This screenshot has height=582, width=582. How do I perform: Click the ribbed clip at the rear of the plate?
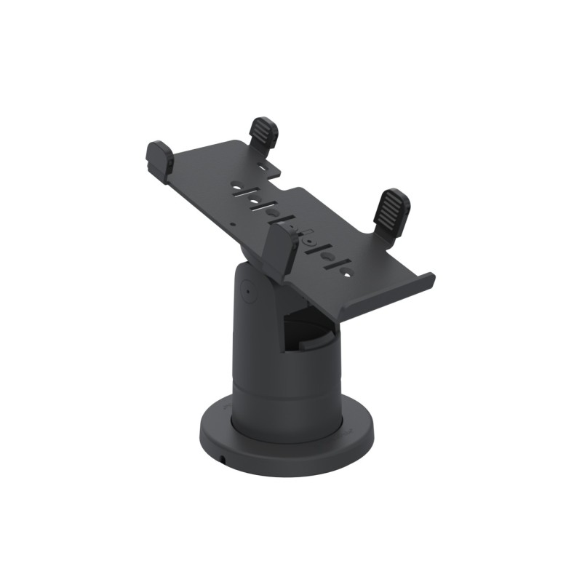[263, 132]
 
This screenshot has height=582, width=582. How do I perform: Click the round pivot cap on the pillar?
[246, 292]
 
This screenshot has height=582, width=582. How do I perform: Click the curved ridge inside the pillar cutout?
[319, 340]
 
